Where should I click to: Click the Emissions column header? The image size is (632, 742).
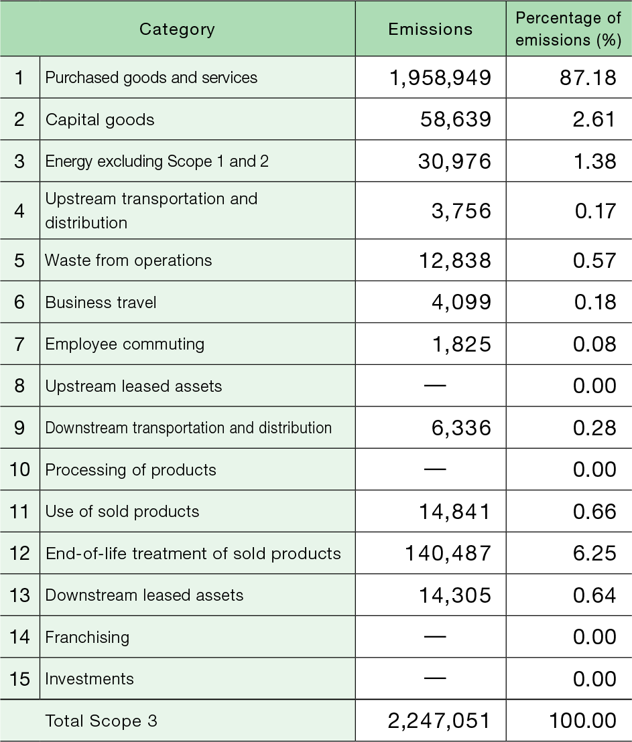point(430,29)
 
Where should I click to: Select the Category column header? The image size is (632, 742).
point(177,29)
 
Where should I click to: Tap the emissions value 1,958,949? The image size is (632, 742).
point(440,78)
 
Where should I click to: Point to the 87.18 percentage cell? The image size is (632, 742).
point(588,78)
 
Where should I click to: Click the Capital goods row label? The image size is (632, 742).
point(100,120)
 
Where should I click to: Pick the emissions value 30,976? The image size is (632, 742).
point(454,161)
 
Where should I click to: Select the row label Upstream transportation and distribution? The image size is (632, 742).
point(151,210)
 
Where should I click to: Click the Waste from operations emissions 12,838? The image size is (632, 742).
point(454,261)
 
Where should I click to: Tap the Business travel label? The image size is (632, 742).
point(101,303)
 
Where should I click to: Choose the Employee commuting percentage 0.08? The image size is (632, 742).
point(594,344)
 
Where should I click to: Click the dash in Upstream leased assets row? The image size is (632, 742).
point(436,386)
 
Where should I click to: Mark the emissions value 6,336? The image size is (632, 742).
point(462,428)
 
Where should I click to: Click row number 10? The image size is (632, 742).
point(20,469)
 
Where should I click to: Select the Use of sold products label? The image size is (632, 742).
point(122,512)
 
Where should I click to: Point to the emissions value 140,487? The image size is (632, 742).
point(448,554)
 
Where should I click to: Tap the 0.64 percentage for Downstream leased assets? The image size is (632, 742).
point(594,595)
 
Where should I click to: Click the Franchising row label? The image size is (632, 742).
point(87,637)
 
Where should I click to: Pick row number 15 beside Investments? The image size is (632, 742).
point(20,679)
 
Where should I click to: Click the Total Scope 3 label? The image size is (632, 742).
point(101,721)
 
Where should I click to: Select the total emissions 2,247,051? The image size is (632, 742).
point(439,721)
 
